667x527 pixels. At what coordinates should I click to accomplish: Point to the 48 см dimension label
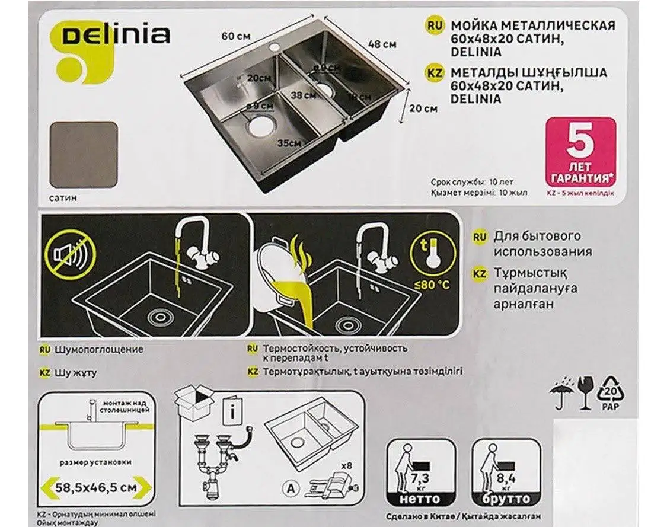coord(382,44)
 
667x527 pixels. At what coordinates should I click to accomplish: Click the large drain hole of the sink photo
coord(260,124)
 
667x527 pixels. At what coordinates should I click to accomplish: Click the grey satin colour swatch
coord(84,155)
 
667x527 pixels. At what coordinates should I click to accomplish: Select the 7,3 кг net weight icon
coord(421,472)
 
